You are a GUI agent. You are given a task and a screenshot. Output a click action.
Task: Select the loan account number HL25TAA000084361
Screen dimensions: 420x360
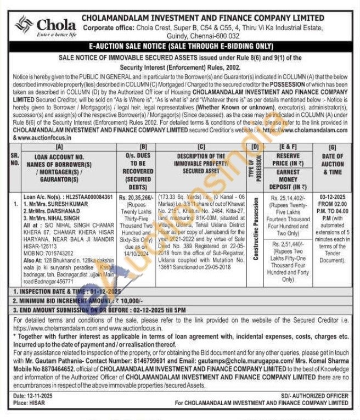pyautogui.click(x=85, y=197)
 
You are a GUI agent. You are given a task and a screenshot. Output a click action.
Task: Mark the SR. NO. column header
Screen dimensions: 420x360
pyautogui.click(x=15, y=159)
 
